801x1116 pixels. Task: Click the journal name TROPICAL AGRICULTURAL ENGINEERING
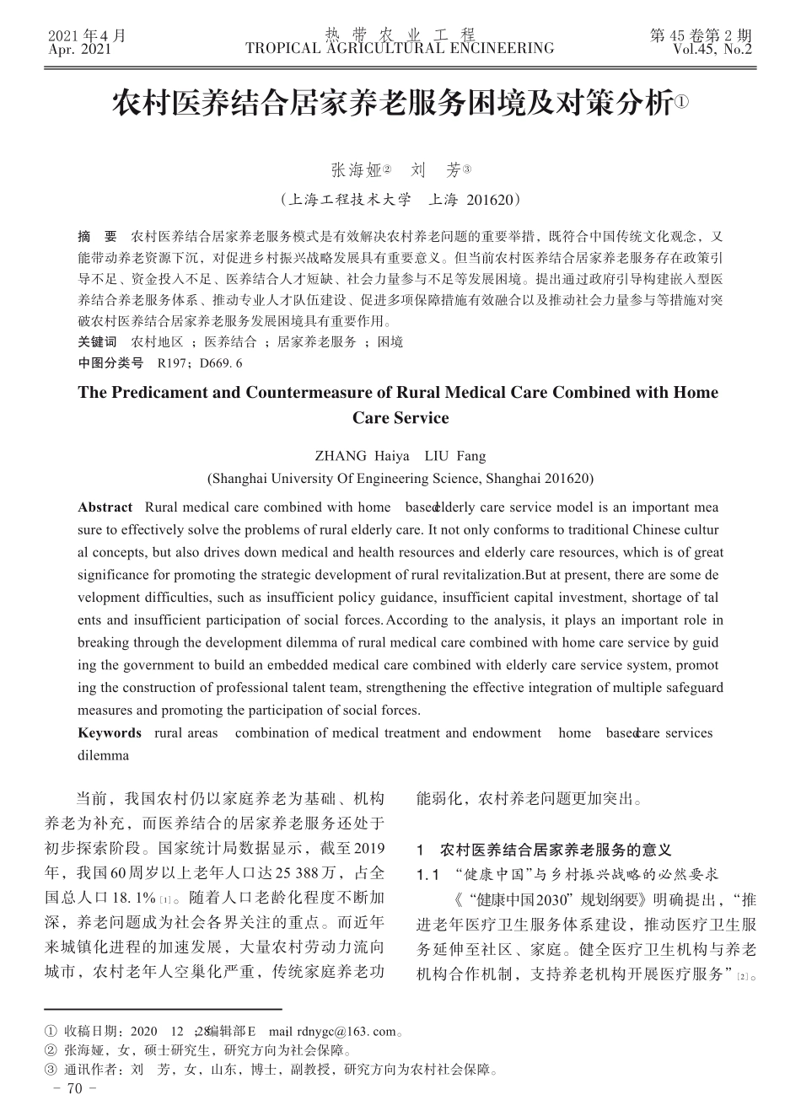point(400,49)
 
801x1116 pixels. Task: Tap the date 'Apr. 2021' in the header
point(80,50)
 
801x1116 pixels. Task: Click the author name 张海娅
point(357,170)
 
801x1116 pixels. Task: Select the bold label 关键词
point(97,341)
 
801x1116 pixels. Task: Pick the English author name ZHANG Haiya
point(362,456)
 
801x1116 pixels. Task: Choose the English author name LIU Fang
point(455,456)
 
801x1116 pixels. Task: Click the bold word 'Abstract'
point(105,507)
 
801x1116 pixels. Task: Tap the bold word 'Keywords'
point(110,732)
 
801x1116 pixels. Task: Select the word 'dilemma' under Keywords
point(103,755)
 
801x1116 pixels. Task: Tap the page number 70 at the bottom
point(75,1089)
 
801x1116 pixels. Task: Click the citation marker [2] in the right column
point(742,977)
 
